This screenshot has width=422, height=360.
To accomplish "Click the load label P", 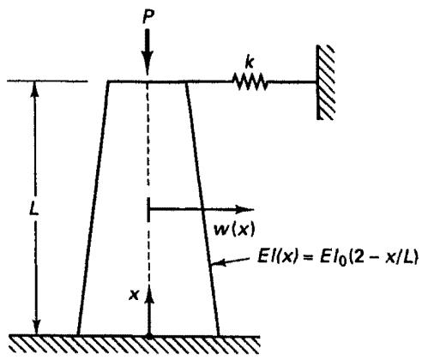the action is click(148, 17).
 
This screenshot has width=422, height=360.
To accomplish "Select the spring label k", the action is click(250, 63).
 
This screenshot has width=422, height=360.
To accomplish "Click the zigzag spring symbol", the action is click(250, 81).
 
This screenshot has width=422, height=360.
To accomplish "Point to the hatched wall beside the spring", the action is click(325, 82).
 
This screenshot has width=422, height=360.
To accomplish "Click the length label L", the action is click(34, 210).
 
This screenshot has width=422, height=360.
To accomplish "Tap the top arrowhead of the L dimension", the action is click(35, 88).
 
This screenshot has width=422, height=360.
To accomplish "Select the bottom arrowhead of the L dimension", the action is click(36, 327).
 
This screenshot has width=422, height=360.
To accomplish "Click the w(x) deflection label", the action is click(234, 230).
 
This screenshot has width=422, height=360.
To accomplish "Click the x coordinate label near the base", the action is click(134, 295).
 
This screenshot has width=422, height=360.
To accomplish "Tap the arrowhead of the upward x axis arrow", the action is click(149, 294).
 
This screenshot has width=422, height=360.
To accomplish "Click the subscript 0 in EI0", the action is click(341, 261).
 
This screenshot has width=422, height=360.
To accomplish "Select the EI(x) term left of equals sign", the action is click(278, 256).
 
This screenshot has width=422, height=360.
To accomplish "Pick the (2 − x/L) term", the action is click(383, 256).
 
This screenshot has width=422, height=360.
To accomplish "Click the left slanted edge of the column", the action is click(93, 208).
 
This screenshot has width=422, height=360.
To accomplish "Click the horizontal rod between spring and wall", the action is click(292, 82).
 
